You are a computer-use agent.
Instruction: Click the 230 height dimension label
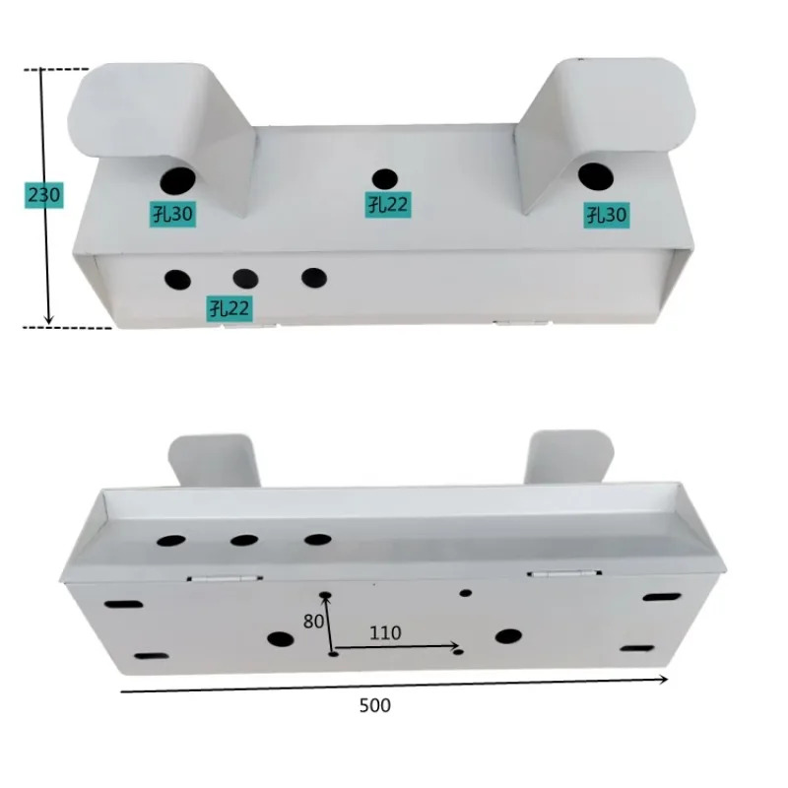coord(44,195)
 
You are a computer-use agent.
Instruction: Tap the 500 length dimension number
coord(375,705)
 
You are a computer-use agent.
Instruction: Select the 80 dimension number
coord(313,622)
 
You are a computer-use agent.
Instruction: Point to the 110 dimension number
coord(385,632)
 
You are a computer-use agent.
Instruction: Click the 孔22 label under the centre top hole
coord(388,205)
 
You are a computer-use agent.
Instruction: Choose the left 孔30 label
coord(173,214)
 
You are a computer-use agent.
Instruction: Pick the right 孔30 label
coord(607,215)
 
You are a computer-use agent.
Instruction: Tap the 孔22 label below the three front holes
coord(230,308)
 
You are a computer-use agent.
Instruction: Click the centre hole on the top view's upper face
coord(385,179)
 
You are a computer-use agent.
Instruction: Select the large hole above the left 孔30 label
coord(178,181)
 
